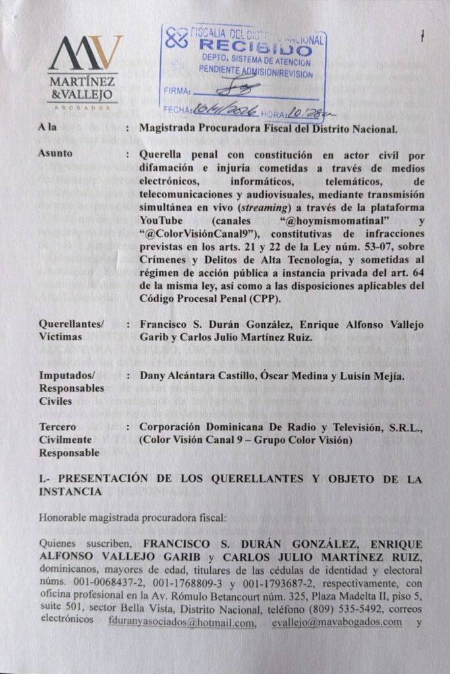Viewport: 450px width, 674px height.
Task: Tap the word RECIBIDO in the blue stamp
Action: tap(254, 48)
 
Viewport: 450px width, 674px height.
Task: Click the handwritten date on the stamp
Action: tap(221, 110)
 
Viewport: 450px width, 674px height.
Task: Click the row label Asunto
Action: tap(56, 153)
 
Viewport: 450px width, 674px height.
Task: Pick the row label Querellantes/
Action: tap(72, 324)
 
